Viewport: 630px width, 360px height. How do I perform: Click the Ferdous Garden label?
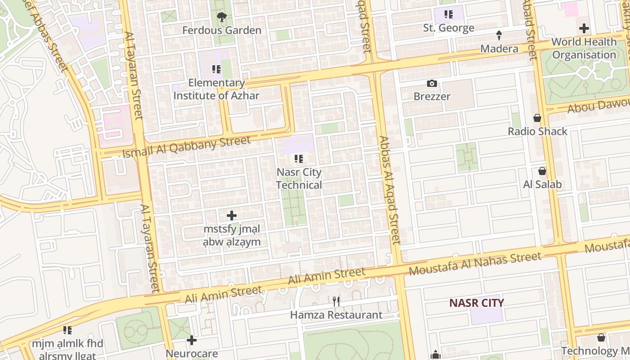[221, 31]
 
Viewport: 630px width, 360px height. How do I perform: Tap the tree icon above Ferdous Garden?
[221, 18]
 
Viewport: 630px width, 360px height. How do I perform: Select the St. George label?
[449, 28]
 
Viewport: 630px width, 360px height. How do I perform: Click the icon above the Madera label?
[499, 35]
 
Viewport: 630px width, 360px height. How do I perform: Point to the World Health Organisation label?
[584, 48]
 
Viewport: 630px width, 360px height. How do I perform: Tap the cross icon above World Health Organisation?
[584, 28]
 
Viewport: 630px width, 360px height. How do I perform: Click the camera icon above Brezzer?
[432, 83]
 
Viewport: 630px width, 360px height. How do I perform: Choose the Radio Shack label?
[537, 131]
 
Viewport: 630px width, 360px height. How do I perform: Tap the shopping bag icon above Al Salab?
[542, 171]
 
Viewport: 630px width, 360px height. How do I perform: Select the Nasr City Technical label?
[299, 179]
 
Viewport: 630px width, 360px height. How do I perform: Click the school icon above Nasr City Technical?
[298, 159]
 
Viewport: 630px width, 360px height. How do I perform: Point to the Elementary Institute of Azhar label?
[216, 89]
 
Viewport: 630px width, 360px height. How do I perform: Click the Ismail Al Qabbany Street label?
[186, 147]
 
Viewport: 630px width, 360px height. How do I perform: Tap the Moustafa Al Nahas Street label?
[475, 264]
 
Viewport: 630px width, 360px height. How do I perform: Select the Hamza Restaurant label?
[336, 315]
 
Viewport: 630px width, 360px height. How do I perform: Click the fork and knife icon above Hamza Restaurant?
[336, 301]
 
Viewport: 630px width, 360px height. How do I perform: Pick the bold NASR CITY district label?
[477, 303]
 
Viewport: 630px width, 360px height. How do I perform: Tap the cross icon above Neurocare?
[192, 340]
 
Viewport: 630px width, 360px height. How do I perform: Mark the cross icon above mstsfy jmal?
[232, 216]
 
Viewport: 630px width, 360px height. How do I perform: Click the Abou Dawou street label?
[598, 106]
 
